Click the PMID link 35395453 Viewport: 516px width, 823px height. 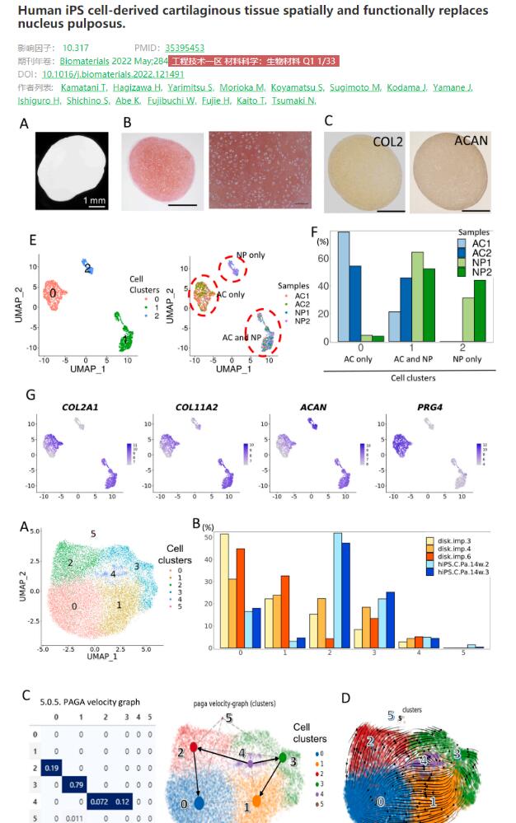[x=185, y=49]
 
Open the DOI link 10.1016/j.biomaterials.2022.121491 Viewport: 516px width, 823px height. [x=113, y=74]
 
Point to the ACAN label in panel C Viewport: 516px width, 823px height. [x=471, y=141]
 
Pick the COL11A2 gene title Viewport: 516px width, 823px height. [x=183, y=406]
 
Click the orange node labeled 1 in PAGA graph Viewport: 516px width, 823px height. [x=257, y=800]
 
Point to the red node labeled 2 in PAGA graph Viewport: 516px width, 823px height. [x=193, y=746]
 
